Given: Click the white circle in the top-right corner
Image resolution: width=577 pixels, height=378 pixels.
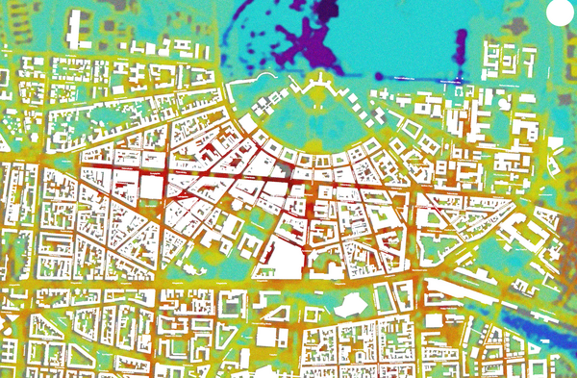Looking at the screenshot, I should pyautogui.click(x=559, y=13).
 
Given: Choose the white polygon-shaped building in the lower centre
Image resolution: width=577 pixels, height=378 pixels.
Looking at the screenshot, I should pyautogui.click(x=349, y=304).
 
